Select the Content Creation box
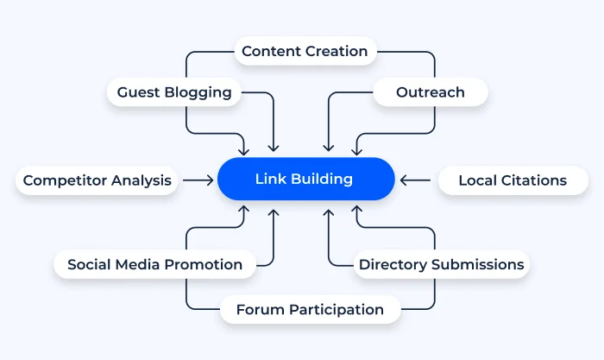coord(305,51)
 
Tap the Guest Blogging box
coord(174,92)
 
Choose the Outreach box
coord(430,92)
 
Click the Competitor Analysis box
coord(98,180)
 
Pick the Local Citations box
coord(513,180)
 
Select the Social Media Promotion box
coord(154,265)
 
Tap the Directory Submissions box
coord(442,265)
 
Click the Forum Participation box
coord(310,309)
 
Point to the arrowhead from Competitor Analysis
coord(210,180)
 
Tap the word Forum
coord(260,309)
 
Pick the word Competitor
coord(65,180)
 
